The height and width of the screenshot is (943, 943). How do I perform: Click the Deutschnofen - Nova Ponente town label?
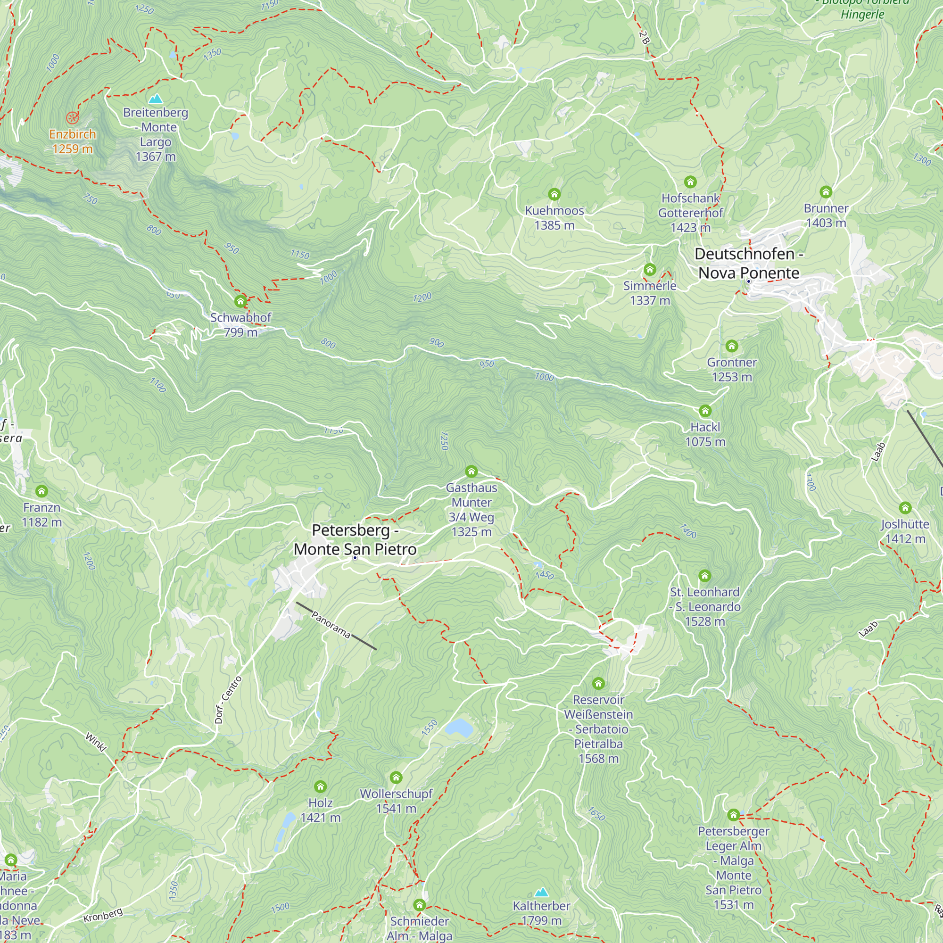pyautogui.click(x=748, y=264)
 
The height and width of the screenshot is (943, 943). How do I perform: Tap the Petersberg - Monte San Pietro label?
pyautogui.click(x=355, y=540)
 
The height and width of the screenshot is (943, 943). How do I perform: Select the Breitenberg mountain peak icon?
pyautogui.click(x=155, y=99)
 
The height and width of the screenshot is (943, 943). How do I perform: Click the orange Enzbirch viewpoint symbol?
pyautogui.click(x=72, y=117)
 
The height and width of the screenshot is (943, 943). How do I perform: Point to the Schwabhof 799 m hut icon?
pyautogui.click(x=240, y=302)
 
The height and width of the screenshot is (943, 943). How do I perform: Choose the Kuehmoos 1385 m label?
pyautogui.click(x=554, y=218)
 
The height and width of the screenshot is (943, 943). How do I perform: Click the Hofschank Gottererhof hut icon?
pyautogui.click(x=690, y=182)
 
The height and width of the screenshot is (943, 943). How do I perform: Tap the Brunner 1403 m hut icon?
pyautogui.click(x=826, y=192)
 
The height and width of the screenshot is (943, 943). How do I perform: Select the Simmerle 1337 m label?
pyautogui.click(x=650, y=293)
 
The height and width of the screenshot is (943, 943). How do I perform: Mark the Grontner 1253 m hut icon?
pyautogui.click(x=731, y=346)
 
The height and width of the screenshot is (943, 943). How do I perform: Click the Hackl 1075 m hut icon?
pyautogui.click(x=705, y=411)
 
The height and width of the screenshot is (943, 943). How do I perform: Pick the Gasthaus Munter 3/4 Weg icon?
pyautogui.click(x=471, y=471)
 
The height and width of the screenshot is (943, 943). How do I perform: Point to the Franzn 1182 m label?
pyautogui.click(x=42, y=515)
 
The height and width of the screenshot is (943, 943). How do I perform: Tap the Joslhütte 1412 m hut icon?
pyautogui.click(x=905, y=508)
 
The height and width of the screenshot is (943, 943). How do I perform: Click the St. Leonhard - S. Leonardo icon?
pyautogui.click(x=704, y=576)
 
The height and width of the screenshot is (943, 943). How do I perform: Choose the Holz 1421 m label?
pyautogui.click(x=320, y=810)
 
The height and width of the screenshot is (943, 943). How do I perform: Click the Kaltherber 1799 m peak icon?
pyautogui.click(x=541, y=893)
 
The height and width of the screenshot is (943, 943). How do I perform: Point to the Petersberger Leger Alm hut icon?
pyautogui.click(x=733, y=815)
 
